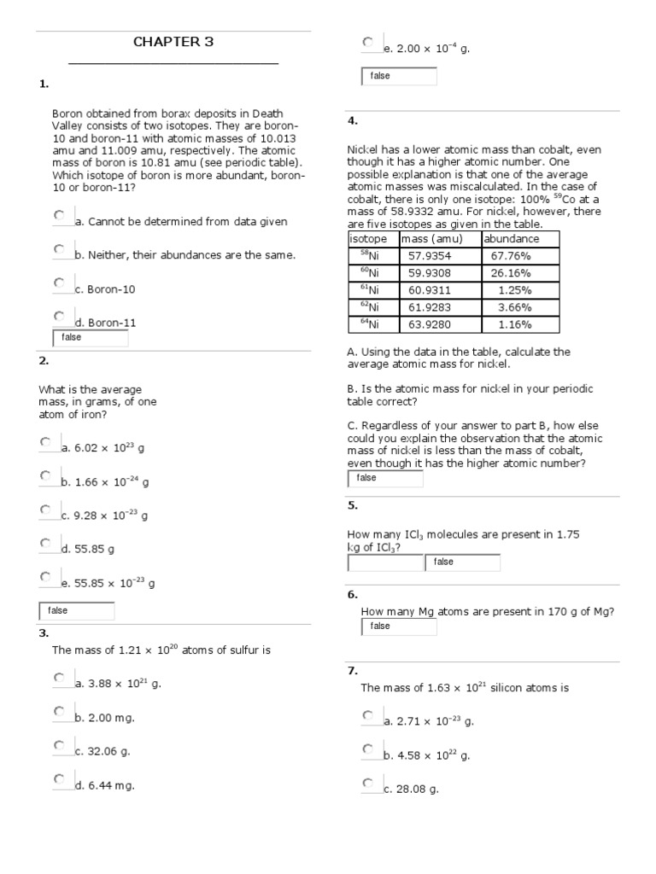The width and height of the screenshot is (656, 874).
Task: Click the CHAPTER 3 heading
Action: pyautogui.click(x=173, y=42)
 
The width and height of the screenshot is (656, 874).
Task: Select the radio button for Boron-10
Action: pyautogui.click(x=58, y=283)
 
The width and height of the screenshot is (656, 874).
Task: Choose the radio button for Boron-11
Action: pyautogui.click(x=58, y=316)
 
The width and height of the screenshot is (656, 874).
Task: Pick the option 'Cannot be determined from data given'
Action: pyautogui.click(x=58, y=215)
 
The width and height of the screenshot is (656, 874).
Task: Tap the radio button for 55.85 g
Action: pyautogui.click(x=45, y=543)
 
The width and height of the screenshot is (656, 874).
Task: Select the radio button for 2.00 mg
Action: pyautogui.click(x=58, y=711)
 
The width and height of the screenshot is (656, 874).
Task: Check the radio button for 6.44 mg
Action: pyautogui.click(x=58, y=778)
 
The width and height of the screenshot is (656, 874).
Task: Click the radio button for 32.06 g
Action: pyautogui.click(x=58, y=745)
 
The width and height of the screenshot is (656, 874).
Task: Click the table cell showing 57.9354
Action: pyautogui.click(x=430, y=255)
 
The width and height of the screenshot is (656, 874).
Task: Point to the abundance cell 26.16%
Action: pyautogui.click(x=511, y=273)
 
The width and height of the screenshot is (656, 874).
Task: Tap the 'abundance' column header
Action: pyautogui.click(x=512, y=239)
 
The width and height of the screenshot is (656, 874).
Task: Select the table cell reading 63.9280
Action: pyautogui.click(x=430, y=324)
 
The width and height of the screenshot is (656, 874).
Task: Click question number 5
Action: pyautogui.click(x=352, y=505)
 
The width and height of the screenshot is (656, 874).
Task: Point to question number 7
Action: pyautogui.click(x=352, y=670)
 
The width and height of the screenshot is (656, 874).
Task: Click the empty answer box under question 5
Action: pyautogui.click(x=384, y=562)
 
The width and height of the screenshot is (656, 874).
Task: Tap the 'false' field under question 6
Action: pyautogui.click(x=399, y=626)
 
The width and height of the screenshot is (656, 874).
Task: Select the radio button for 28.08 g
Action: pyautogui.click(x=367, y=783)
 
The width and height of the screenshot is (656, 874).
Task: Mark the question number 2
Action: pyautogui.click(x=44, y=361)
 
